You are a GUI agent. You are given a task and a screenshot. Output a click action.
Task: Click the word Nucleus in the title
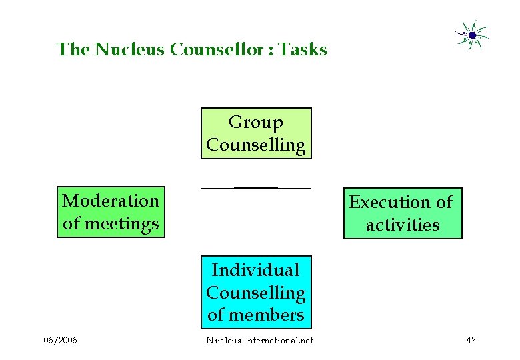(x=129, y=49)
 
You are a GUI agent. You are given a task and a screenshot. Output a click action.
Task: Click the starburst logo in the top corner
(x=472, y=35)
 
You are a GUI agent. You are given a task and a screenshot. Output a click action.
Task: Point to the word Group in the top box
(x=255, y=123)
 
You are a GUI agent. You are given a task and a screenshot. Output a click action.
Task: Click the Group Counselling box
(x=256, y=133)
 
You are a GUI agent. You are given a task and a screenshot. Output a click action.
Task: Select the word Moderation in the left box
(x=111, y=201)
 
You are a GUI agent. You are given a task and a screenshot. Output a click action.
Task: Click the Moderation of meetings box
(x=111, y=212)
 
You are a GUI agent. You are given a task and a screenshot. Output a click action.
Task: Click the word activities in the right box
(x=403, y=225)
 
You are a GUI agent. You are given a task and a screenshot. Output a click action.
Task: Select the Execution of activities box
(x=403, y=213)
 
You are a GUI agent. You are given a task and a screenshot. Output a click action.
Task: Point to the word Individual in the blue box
(x=255, y=270)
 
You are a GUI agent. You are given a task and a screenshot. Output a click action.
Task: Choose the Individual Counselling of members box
(x=256, y=292)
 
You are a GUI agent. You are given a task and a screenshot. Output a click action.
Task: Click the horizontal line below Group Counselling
(x=256, y=189)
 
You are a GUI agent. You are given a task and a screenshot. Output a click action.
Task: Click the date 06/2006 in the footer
(x=60, y=341)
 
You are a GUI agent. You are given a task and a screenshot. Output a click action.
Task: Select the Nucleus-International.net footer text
(x=259, y=341)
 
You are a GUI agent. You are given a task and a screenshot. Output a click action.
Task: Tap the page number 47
(x=471, y=341)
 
